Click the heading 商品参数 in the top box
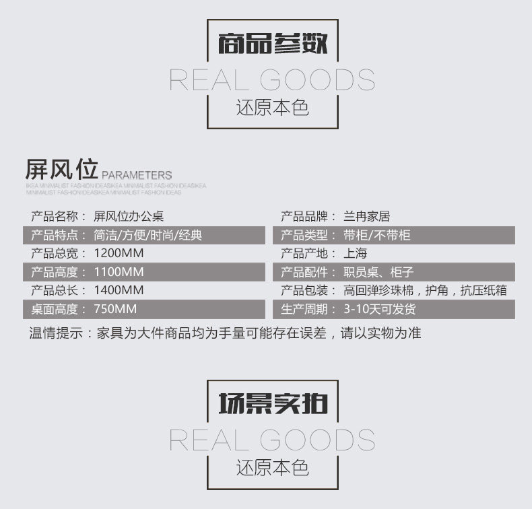tap(273, 44)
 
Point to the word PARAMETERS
tap(137, 175)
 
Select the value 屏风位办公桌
tap(129, 217)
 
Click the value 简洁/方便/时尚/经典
tap(147, 236)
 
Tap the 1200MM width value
tap(119, 254)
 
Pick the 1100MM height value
tap(119, 272)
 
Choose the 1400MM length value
tap(119, 290)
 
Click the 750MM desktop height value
tap(115, 309)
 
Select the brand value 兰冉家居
tap(366, 217)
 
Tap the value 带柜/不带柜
tap(376, 236)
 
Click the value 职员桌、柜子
tap(378, 272)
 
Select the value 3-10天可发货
tap(379, 309)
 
